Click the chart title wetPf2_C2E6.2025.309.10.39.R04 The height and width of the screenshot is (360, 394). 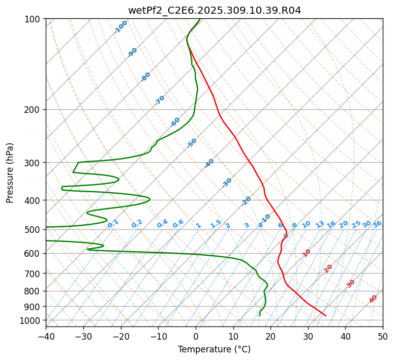(x=214, y=10)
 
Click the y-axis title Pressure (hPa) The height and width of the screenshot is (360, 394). (x=10, y=172)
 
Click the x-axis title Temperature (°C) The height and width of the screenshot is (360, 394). (x=214, y=349)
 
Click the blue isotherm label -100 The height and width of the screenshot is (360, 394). (x=120, y=27)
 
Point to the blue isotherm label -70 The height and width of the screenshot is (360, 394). (x=160, y=100)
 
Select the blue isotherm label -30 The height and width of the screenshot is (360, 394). (x=227, y=183)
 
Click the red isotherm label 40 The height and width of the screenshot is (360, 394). (x=373, y=299)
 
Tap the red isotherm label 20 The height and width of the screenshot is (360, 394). (x=328, y=268)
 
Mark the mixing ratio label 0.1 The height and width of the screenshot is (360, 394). (x=113, y=223)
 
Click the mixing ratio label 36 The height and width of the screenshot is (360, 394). (x=377, y=224)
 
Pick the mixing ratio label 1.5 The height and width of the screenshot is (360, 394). (x=216, y=223)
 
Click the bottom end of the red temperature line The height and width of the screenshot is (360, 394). (x=326, y=316)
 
